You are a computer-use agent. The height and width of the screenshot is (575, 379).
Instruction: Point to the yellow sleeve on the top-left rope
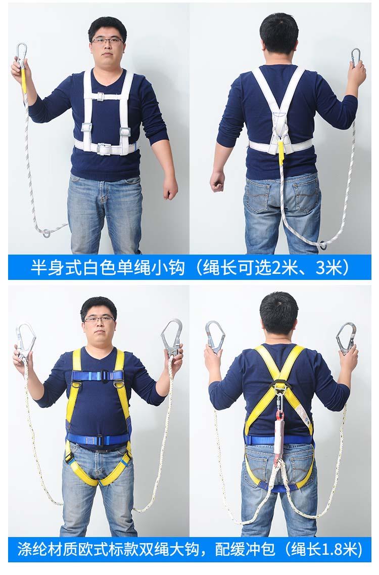23,82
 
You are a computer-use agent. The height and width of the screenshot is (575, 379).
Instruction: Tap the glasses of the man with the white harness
107,41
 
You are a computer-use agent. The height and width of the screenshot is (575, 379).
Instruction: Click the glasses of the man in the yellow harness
99,319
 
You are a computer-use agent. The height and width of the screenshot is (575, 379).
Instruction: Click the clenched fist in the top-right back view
217,181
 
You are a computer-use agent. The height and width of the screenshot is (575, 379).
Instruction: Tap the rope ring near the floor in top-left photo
46,233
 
